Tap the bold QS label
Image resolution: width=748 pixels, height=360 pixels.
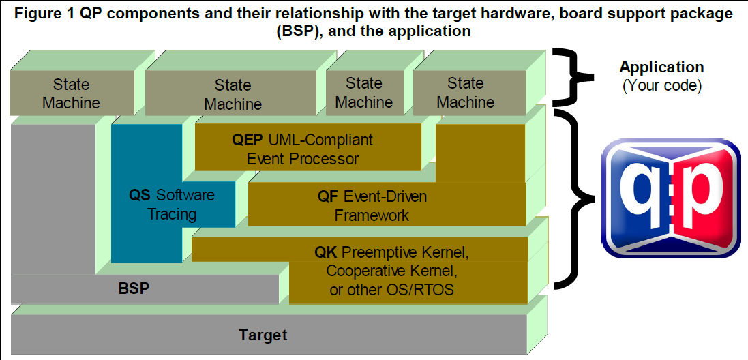[x=139, y=195]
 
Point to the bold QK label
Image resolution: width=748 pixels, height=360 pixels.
[x=325, y=252]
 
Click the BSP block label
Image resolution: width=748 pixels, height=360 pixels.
[x=134, y=288]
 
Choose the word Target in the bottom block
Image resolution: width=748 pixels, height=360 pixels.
[x=263, y=335]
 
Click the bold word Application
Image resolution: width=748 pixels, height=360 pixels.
[x=661, y=67]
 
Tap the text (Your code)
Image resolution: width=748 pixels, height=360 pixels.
[x=661, y=87]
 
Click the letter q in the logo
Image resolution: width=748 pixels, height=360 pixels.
[x=638, y=197]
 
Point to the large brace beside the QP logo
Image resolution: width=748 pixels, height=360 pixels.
[x=578, y=198]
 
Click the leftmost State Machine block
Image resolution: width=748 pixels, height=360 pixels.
[x=71, y=93]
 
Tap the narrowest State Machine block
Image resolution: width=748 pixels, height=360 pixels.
[x=364, y=93]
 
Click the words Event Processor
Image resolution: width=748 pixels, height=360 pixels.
[x=303, y=158]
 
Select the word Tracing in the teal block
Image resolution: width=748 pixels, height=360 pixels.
[x=172, y=214]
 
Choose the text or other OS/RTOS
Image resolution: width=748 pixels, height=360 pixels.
[x=391, y=289]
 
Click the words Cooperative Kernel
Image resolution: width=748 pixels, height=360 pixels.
[x=392, y=271]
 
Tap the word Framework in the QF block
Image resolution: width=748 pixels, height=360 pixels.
[x=372, y=215]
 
